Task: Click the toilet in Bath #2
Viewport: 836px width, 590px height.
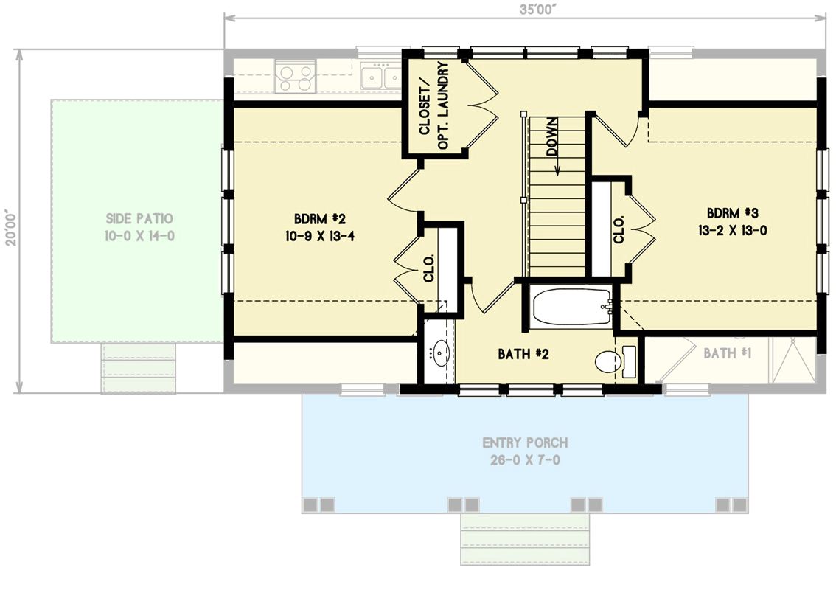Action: tap(609, 361)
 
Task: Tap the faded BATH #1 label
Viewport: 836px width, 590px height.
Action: tap(727, 354)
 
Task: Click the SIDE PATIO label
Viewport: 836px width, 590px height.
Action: tap(139, 219)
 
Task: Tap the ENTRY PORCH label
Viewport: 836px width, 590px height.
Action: tap(525, 443)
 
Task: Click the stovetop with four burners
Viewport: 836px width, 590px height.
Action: tap(295, 77)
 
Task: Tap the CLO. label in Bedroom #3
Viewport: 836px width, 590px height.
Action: tap(619, 229)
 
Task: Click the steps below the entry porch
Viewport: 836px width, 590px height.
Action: tap(525, 538)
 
